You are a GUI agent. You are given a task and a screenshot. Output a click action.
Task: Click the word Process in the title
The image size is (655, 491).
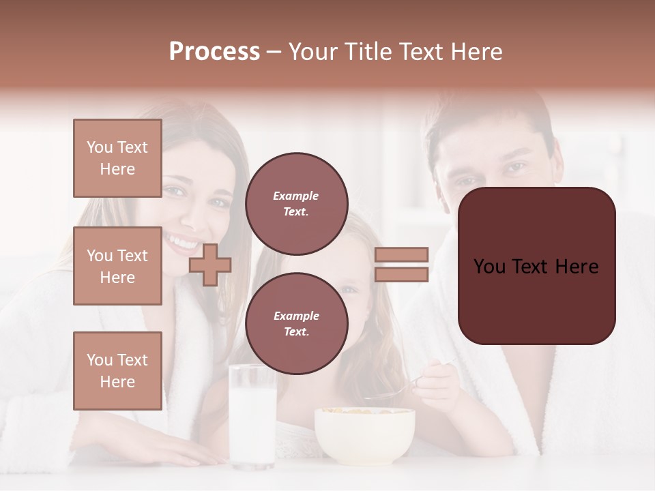point(214,52)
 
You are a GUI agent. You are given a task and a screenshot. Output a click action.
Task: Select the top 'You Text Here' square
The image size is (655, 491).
point(117,158)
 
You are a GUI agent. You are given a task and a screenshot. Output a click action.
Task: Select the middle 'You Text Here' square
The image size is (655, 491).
point(117,266)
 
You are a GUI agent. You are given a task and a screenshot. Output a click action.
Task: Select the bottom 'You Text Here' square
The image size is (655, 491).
point(117,370)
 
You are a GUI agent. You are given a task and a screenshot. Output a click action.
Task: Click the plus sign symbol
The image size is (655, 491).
point(209,265)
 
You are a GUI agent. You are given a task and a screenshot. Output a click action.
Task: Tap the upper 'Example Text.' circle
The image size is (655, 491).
point(296,203)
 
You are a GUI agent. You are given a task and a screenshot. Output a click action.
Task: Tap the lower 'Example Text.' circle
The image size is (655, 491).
point(296,323)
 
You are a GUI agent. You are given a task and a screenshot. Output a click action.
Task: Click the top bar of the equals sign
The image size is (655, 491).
point(401,254)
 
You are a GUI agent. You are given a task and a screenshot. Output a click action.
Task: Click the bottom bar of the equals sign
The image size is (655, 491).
point(401,274)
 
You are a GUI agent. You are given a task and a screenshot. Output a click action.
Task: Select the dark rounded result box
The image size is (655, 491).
point(536,266)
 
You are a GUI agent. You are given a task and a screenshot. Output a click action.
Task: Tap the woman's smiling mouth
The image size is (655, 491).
point(181,242)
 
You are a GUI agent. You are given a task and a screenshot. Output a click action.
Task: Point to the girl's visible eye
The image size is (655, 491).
point(349,289)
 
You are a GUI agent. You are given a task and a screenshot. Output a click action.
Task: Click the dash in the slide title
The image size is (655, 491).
point(274,52)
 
